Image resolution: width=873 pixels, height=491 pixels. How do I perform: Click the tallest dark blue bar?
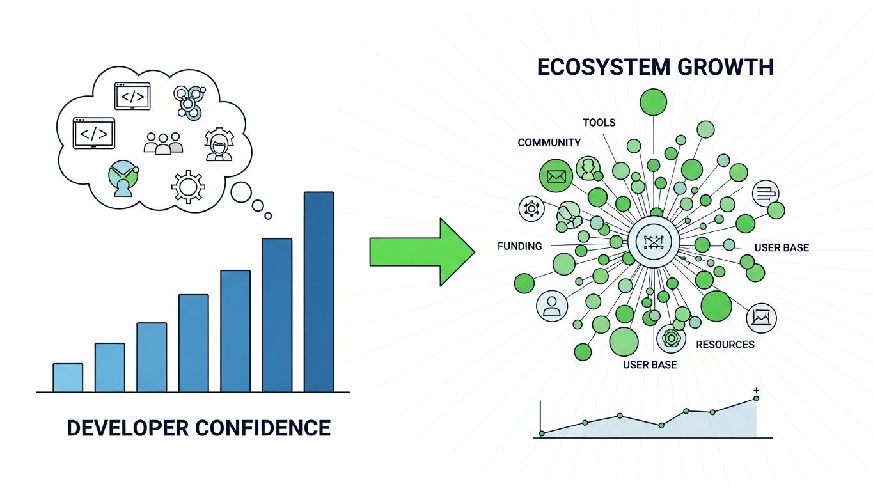tap(319, 292)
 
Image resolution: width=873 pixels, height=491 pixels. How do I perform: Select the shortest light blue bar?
tap(67, 377)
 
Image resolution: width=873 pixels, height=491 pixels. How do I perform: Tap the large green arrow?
tap(422, 251)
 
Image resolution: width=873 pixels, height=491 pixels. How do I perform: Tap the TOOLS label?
tap(599, 122)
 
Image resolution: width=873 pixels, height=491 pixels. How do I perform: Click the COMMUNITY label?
tap(549, 143)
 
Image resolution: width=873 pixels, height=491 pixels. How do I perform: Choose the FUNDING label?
tap(519, 246)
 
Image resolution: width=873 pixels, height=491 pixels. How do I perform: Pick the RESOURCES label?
tap(725, 345)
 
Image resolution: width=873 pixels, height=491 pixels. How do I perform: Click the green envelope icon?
tap(556, 176)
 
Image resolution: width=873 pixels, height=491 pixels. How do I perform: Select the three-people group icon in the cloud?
tap(163, 143)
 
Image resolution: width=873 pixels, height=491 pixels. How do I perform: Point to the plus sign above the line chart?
tap(757, 390)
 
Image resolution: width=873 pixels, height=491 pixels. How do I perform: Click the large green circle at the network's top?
tap(653, 102)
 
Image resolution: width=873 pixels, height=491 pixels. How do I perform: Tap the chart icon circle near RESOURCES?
tap(761, 317)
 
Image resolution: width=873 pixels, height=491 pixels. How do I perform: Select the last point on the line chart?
tap(756, 398)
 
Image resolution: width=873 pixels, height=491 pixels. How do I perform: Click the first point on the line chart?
tap(542, 433)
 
